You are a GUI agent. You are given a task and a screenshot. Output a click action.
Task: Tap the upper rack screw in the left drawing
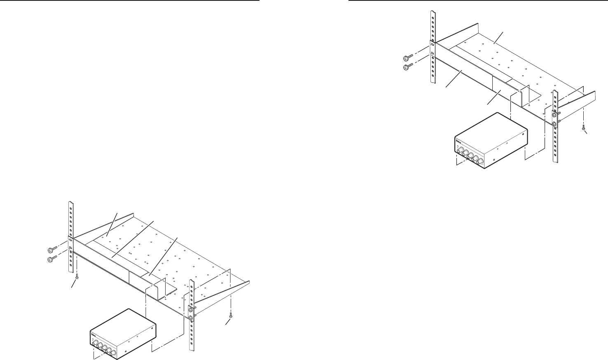(x=51, y=250)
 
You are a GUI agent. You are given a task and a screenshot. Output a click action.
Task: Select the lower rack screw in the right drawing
(x=407, y=66)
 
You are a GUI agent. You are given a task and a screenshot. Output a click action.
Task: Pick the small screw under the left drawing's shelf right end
(x=230, y=316)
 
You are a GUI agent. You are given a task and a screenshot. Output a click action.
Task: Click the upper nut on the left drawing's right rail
(x=191, y=310)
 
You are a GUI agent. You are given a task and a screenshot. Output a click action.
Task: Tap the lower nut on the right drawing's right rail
(x=555, y=124)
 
